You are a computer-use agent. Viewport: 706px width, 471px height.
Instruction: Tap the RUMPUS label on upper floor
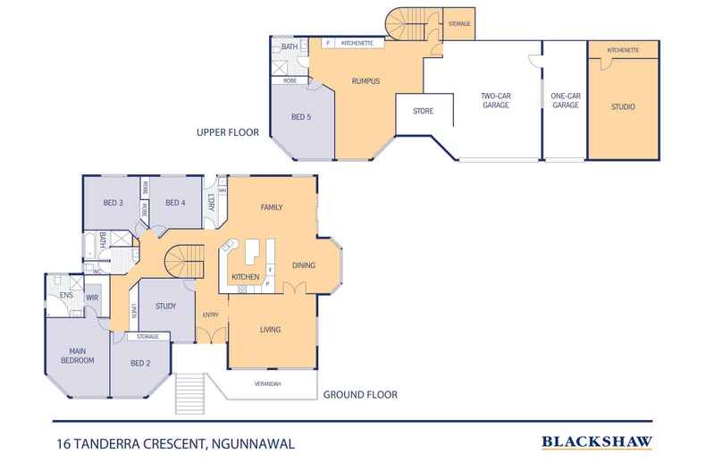pyautogui.click(x=366, y=81)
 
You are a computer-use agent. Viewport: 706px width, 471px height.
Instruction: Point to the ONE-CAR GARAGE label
pyautogui.click(x=565, y=100)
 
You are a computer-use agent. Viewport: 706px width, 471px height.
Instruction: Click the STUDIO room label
pyautogui.click(x=623, y=106)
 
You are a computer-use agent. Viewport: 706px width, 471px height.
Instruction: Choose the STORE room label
pyautogui.click(x=423, y=112)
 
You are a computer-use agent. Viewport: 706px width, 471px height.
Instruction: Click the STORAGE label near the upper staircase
pyautogui.click(x=459, y=23)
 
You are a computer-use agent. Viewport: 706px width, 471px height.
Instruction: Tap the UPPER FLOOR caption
pyautogui.click(x=227, y=133)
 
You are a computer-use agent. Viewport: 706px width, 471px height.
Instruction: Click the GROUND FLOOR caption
pyautogui.click(x=360, y=394)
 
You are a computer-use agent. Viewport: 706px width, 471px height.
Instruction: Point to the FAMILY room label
pyautogui.click(x=272, y=207)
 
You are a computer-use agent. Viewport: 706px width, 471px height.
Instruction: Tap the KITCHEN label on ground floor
pyautogui.click(x=246, y=278)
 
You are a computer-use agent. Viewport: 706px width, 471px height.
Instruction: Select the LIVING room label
pyautogui.click(x=271, y=330)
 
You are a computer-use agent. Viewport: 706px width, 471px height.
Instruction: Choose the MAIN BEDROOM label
pyautogui.click(x=77, y=355)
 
